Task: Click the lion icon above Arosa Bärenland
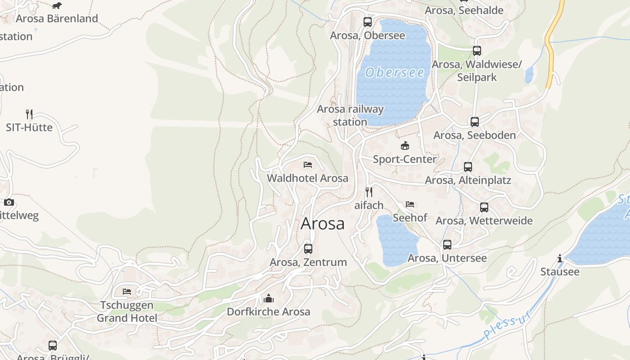click(57, 5)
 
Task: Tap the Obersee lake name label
click(395, 72)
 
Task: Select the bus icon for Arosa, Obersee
click(368, 22)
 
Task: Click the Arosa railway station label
click(350, 115)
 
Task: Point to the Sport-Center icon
click(405, 145)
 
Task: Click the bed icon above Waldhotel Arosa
click(308, 165)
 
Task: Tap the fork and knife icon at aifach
click(369, 192)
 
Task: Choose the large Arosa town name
click(323, 224)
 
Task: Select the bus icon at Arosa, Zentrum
click(308, 248)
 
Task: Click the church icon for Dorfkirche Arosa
click(269, 298)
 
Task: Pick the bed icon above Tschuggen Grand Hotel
click(127, 292)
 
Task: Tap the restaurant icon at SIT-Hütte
click(29, 114)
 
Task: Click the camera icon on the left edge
click(9, 202)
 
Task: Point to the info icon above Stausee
click(560, 258)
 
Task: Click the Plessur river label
click(508, 324)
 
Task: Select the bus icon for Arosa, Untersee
click(447, 245)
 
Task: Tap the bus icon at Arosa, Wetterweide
click(484, 207)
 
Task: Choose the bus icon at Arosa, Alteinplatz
click(468, 167)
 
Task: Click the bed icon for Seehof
click(410, 204)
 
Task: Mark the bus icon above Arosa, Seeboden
click(475, 121)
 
